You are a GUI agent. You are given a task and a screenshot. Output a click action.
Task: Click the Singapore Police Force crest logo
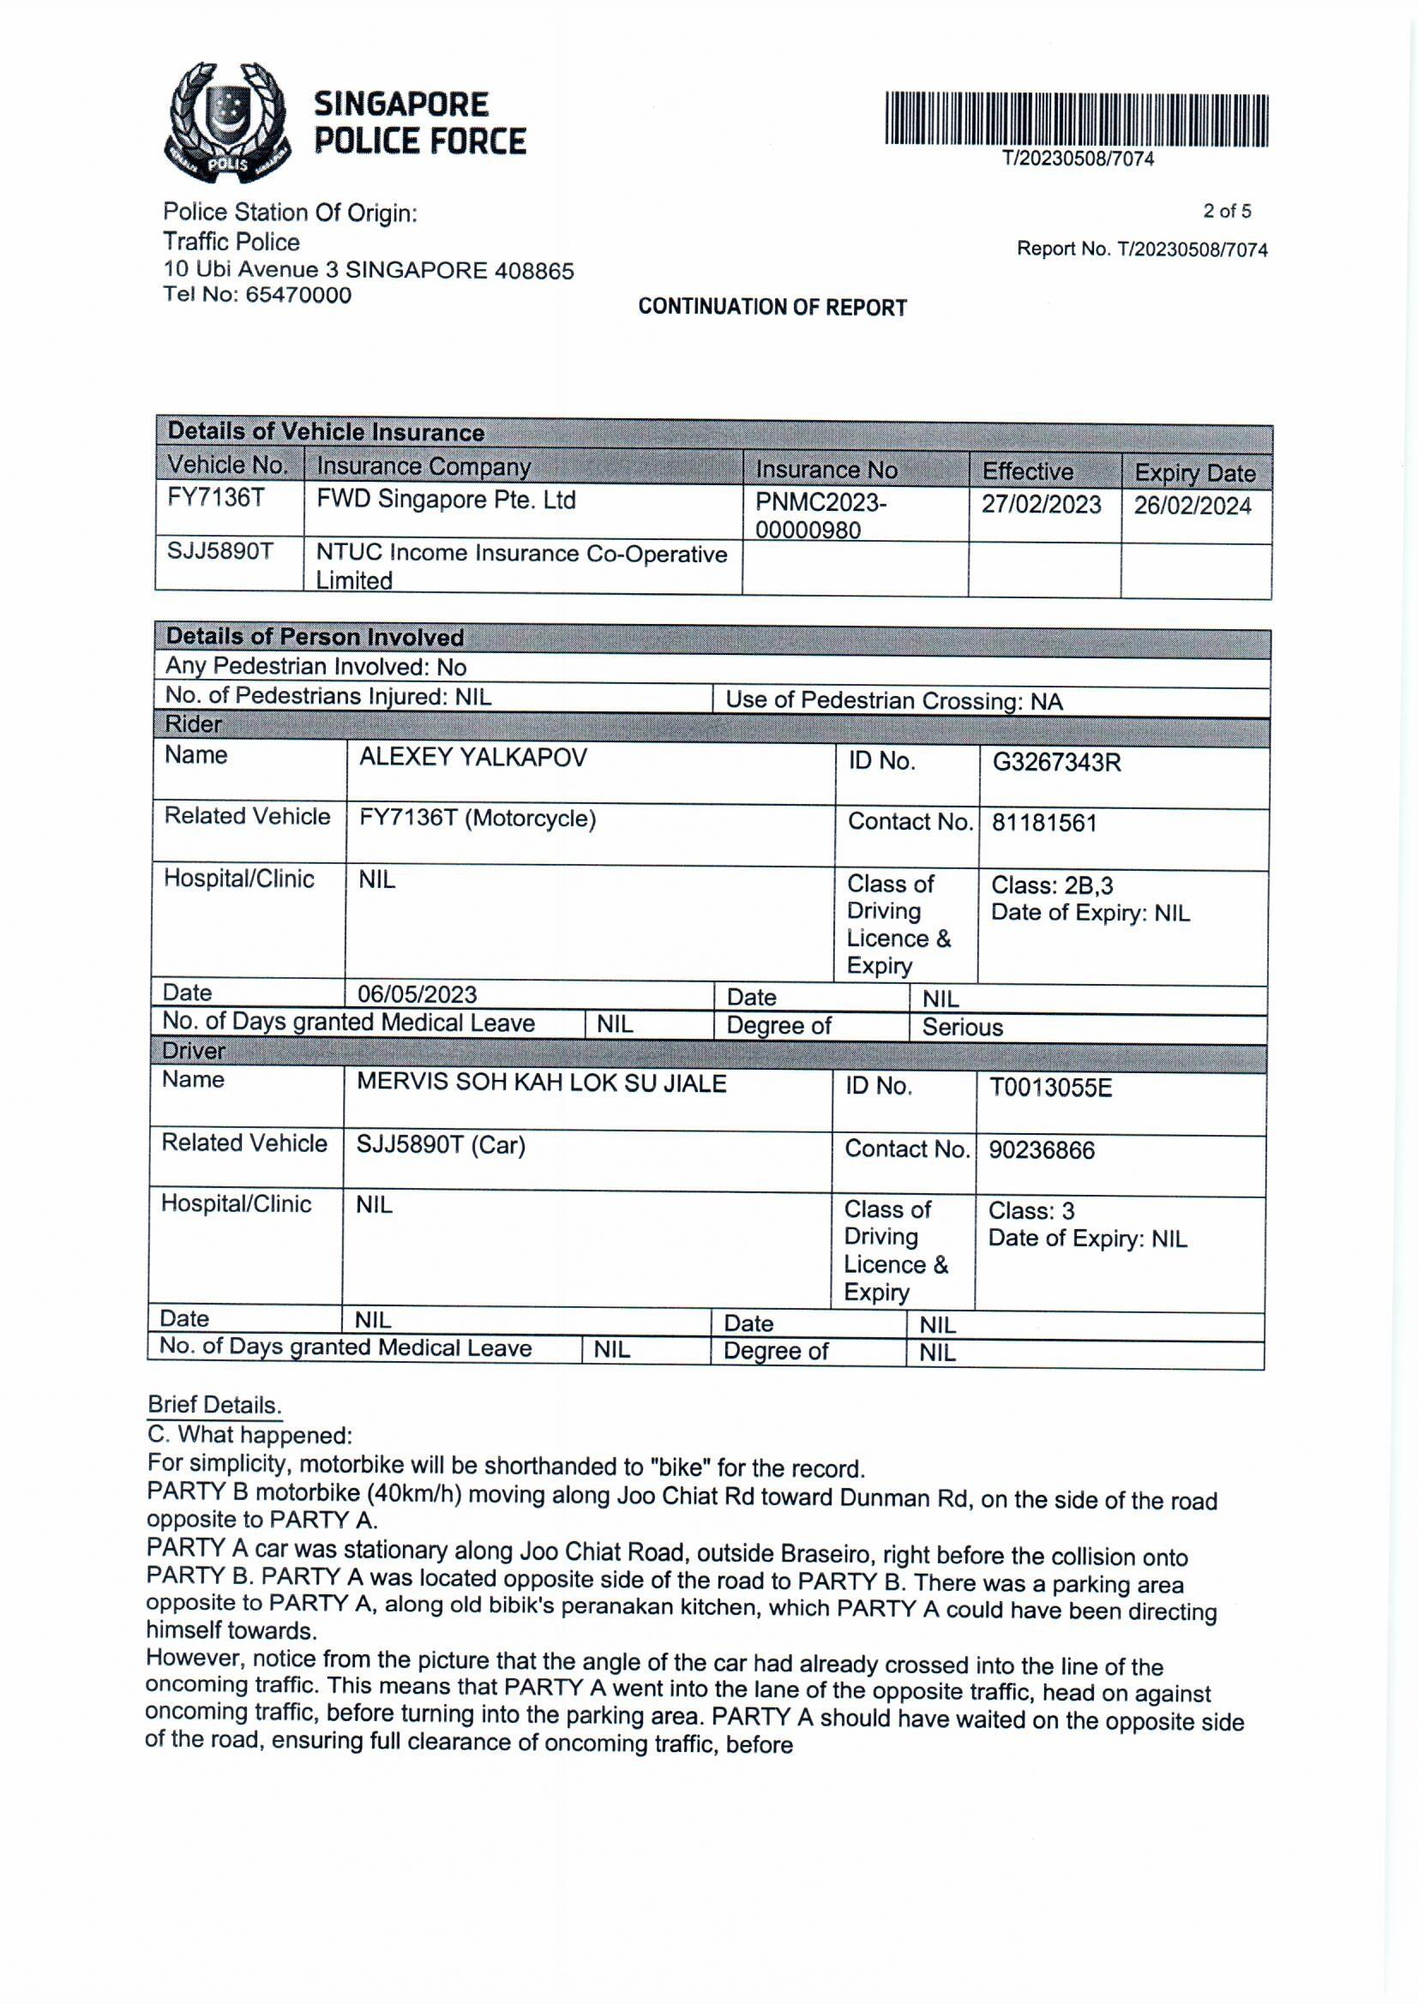[225, 123]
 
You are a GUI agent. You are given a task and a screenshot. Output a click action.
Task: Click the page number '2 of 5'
[1226, 211]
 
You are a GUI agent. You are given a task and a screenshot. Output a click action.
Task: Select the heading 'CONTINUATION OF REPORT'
[772, 307]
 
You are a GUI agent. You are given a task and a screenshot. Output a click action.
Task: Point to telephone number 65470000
[297, 295]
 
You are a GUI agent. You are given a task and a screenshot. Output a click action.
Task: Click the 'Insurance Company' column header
[424, 467]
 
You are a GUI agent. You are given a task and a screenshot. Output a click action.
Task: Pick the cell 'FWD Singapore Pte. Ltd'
[445, 500]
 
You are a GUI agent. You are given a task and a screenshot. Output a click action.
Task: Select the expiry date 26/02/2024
[1192, 507]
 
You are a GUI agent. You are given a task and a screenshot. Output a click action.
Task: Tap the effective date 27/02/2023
[1041, 505]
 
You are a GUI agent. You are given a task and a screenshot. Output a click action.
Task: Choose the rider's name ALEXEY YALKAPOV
[472, 757]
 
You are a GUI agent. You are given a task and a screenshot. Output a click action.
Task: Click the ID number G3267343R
[1055, 762]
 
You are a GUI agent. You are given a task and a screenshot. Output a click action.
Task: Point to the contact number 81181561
[1043, 822]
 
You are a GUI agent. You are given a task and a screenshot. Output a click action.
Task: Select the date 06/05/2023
[417, 994]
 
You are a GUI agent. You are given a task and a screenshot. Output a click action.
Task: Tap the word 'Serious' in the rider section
[962, 1028]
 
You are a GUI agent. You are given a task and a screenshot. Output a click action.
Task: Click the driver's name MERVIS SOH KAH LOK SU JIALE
[540, 1083]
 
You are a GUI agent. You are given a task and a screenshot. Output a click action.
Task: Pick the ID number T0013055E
[1049, 1088]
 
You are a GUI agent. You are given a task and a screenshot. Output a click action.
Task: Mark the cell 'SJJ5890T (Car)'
[440, 1145]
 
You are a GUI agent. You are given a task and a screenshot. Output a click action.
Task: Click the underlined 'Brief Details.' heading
[214, 1404]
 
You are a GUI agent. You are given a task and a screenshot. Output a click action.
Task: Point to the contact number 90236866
[1041, 1149]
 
